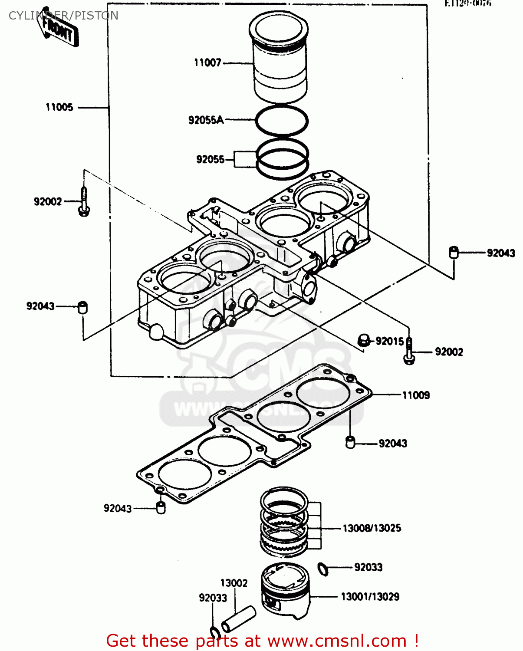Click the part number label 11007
[207, 63]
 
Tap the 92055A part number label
[206, 120]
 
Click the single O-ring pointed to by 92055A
[282, 120]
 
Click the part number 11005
[59, 107]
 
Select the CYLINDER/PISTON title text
[63, 16]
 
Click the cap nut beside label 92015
[364, 340]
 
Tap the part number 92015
[389, 341]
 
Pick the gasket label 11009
[416, 395]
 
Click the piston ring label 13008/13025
[372, 528]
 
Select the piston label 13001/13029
[370, 597]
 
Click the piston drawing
[286, 590]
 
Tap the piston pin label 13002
[234, 583]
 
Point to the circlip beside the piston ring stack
[323, 569]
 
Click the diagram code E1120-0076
[467, 3]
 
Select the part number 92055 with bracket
[211, 159]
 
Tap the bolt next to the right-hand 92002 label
[409, 352]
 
